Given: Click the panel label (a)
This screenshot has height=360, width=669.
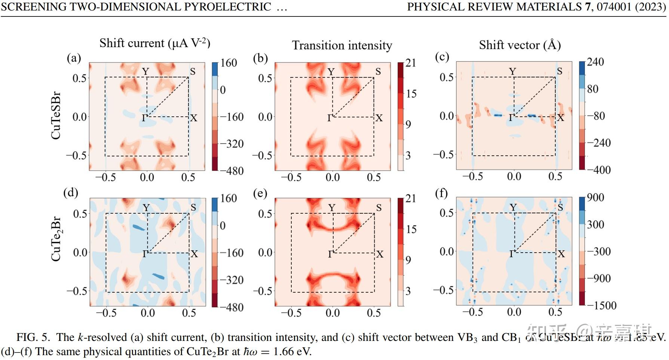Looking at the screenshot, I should click(74, 58).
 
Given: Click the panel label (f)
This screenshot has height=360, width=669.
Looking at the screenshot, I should click(442, 193).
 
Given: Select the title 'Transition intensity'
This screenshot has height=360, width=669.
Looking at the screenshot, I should click(342, 45).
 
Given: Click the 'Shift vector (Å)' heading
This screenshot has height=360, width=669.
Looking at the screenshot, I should click(520, 45).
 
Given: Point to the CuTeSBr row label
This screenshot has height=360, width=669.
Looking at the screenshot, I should click(56, 116).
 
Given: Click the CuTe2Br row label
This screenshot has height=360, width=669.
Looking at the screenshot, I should click(56, 239).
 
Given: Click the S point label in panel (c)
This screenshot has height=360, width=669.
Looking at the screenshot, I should click(559, 71).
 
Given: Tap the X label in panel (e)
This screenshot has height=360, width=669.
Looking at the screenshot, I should click(380, 254).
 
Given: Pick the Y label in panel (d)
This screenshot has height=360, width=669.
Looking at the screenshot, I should click(146, 208).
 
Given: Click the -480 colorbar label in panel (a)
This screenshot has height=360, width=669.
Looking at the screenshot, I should click(231, 171).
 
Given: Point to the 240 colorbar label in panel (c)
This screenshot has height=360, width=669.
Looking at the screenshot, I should click(595, 62).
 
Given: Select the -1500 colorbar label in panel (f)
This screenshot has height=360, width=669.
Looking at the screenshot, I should click(602, 305).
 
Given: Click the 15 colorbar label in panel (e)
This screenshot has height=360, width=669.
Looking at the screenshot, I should click(411, 229).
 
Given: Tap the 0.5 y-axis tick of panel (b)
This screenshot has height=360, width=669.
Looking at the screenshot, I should click(266, 78).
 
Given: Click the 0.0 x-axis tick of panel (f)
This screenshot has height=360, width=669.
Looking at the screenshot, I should click(514, 312).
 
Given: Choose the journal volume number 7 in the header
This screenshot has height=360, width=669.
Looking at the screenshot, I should click(587, 7).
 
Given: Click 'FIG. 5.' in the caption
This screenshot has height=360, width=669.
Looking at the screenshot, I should click(33, 338).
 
